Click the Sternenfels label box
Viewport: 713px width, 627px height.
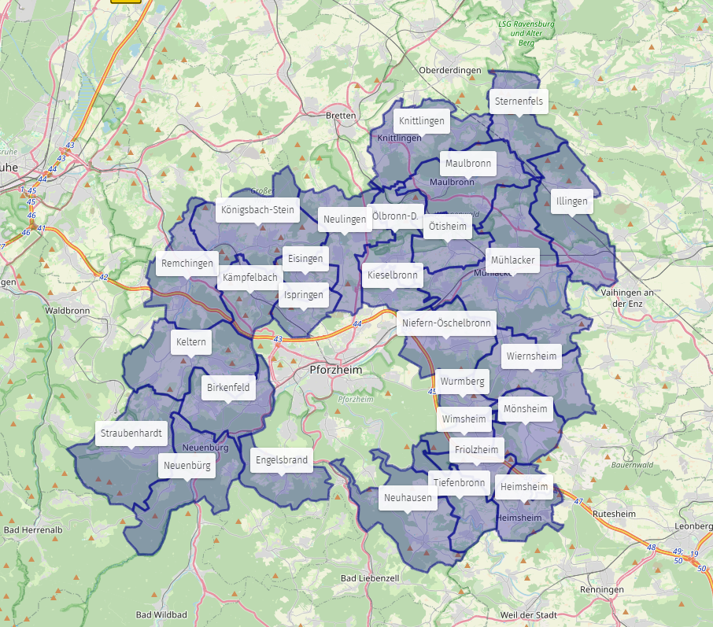519,101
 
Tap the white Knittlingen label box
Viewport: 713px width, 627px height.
422,121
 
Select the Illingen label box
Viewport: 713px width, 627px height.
571,201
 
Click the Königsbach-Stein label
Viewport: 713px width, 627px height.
257,210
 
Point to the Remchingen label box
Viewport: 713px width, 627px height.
187,264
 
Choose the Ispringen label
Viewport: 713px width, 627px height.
304,296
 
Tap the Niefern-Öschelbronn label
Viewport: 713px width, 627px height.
446,323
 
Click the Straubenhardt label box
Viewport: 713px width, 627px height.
131,433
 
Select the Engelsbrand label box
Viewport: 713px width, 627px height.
281,460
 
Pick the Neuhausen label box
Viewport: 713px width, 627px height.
408,498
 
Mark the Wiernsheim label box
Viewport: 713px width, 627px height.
531,356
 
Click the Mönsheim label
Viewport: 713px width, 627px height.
525,409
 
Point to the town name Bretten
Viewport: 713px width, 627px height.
341,116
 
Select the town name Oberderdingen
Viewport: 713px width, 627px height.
449,71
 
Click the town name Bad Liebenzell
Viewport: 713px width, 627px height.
370,578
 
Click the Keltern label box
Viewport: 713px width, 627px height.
191,342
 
